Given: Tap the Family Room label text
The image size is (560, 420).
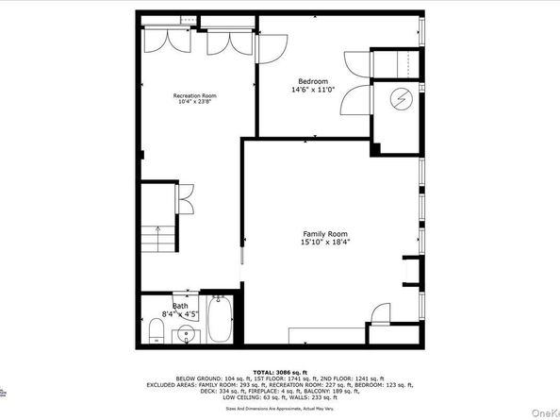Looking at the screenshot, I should click(x=324, y=233).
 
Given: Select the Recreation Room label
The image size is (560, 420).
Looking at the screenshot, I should click(x=195, y=96).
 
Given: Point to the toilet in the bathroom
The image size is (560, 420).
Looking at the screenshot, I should click(x=157, y=331).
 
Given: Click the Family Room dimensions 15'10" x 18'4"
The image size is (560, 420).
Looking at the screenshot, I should click(x=324, y=243).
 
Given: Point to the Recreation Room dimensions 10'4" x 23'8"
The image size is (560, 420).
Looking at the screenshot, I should click(x=195, y=103).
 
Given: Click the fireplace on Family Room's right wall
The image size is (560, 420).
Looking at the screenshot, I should click(x=411, y=268).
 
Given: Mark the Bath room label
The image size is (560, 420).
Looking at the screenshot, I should click(x=179, y=306).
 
